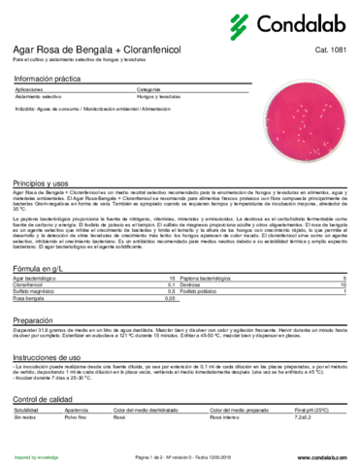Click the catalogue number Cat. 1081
[x=331, y=48]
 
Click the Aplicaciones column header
[x=31, y=88]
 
